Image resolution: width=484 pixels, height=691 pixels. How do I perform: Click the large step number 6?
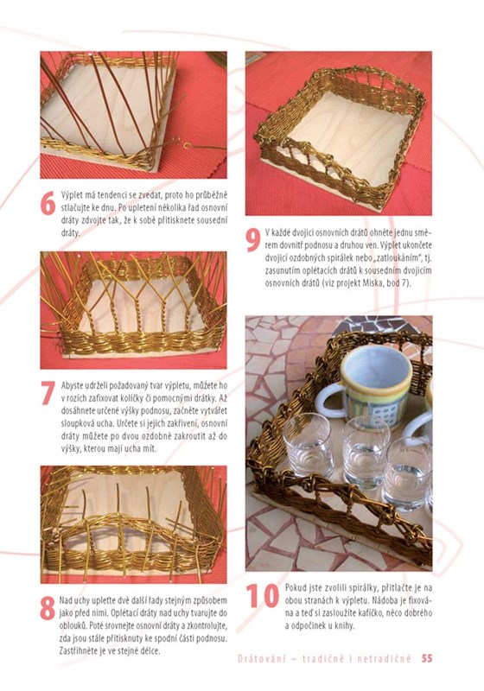click(x=48, y=204)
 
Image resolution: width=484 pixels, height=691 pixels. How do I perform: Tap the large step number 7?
click(x=48, y=392)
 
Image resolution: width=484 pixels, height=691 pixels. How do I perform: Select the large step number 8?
click(x=48, y=608)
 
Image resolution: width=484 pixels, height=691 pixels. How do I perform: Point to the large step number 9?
click(x=253, y=240)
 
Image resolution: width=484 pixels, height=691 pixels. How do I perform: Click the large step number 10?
click(x=263, y=595)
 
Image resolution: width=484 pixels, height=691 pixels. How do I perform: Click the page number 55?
click(x=427, y=658)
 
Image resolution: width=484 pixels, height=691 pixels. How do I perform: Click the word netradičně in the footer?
click(x=384, y=659)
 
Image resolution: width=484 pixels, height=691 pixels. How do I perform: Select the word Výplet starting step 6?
click(x=71, y=195)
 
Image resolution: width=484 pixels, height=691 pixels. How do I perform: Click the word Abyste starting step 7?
click(x=72, y=385)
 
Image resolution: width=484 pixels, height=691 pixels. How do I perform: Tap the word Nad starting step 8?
click(x=65, y=600)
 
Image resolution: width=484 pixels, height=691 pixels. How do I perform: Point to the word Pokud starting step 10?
click(x=295, y=588)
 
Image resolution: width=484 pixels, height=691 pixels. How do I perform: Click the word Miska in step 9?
click(x=372, y=283)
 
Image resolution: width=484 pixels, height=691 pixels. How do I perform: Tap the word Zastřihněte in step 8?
click(x=77, y=650)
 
